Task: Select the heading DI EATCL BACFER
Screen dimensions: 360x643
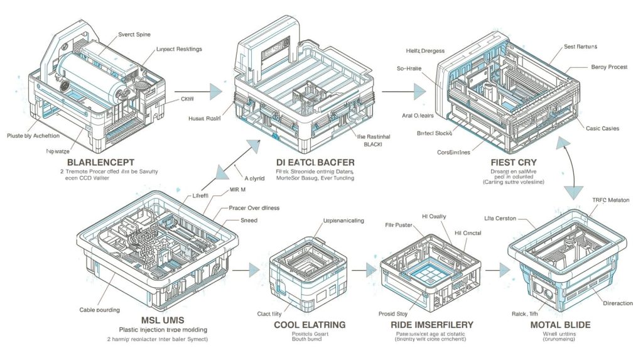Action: point(315,162)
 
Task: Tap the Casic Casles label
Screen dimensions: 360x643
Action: point(602,128)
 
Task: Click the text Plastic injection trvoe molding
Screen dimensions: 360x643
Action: point(163,329)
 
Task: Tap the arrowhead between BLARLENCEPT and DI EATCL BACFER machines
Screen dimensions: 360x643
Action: point(213,90)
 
